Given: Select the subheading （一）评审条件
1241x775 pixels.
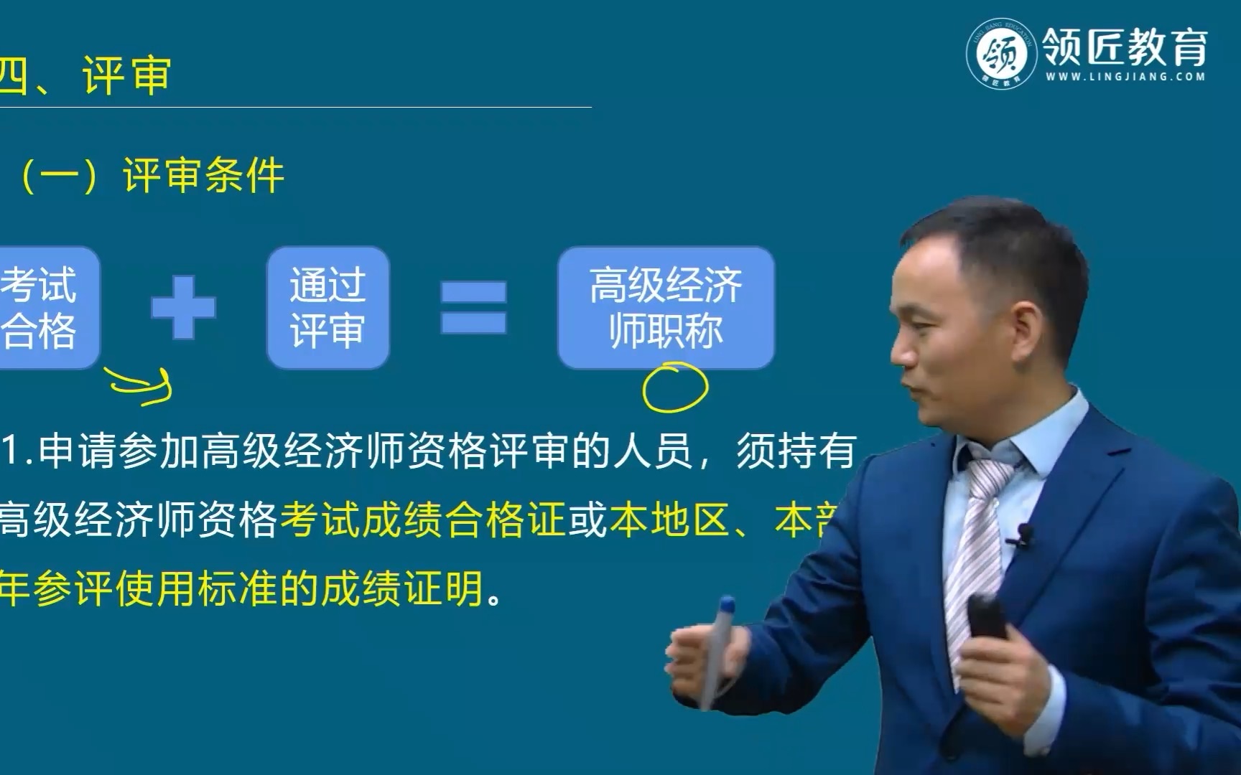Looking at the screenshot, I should coord(152,176).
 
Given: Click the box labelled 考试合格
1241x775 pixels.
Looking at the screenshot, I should coord(43,308).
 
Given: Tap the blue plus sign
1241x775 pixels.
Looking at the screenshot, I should coord(183,308).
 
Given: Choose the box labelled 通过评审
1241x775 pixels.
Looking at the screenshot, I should coord(327,308).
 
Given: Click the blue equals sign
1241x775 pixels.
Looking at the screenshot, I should coord(473,308).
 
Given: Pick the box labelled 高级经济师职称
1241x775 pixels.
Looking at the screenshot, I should coord(666,308).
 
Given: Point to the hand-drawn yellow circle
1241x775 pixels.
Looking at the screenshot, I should coord(674,387).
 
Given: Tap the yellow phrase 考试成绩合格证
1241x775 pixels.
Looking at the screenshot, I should coord(423,520).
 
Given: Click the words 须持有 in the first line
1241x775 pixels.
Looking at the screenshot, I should coord(796,452).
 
